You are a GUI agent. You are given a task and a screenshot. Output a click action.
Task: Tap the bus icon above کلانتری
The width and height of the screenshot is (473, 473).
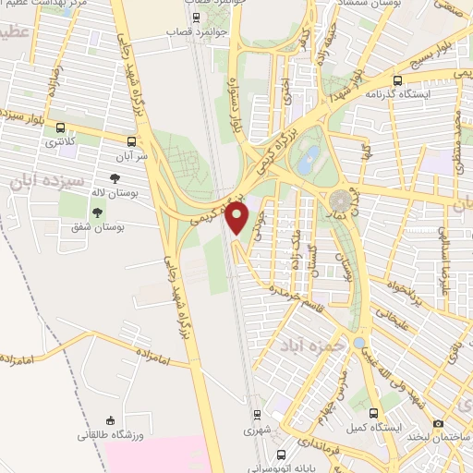click(x=61, y=128)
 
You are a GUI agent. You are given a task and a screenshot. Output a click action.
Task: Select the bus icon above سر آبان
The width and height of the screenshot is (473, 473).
click(x=132, y=142)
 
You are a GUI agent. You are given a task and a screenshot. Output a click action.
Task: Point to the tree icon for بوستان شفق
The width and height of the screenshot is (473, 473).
click(x=98, y=212)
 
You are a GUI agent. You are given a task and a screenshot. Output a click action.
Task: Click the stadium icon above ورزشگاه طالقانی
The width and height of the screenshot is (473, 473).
click(x=111, y=419)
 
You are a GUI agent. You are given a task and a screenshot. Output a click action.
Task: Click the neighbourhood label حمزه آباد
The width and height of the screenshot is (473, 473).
click(x=293, y=346)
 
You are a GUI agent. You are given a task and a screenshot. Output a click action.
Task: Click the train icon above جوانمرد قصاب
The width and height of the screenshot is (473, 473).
click(x=195, y=17)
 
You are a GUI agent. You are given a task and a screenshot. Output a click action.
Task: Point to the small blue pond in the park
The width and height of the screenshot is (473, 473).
click(x=312, y=153)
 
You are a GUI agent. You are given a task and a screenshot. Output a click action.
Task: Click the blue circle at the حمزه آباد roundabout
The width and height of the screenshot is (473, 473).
click(x=358, y=342)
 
